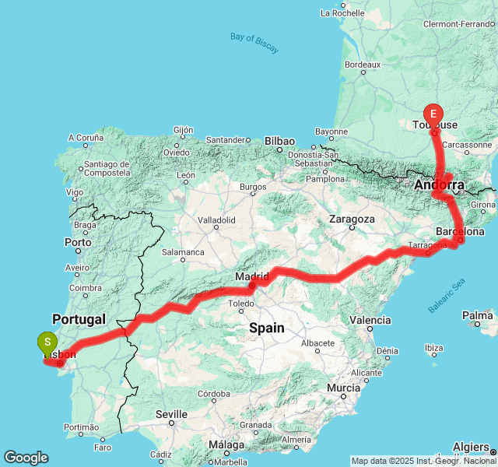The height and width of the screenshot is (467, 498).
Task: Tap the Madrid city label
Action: (x=253, y=276)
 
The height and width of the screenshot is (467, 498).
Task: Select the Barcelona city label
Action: (x=461, y=231)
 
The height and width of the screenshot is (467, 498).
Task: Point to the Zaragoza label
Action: (x=352, y=219)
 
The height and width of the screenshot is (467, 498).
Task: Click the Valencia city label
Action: (x=370, y=320)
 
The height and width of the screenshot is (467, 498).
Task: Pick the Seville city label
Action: (x=171, y=414)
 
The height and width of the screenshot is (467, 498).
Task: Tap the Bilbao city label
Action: (x=279, y=141)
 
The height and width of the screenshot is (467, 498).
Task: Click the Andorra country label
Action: (x=439, y=185)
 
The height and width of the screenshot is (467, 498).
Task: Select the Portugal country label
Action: (x=79, y=319)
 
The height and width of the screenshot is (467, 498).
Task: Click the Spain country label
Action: (x=267, y=328)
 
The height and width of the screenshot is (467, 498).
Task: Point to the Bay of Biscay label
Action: (x=254, y=43)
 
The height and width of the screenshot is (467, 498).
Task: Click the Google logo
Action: (x=26, y=458)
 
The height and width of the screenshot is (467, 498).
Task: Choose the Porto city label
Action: (x=79, y=242)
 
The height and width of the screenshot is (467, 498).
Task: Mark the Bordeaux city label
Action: (x=363, y=65)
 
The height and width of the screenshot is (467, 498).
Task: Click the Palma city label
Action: (x=477, y=315)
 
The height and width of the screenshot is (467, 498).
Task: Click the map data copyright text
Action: (x=423, y=461)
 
